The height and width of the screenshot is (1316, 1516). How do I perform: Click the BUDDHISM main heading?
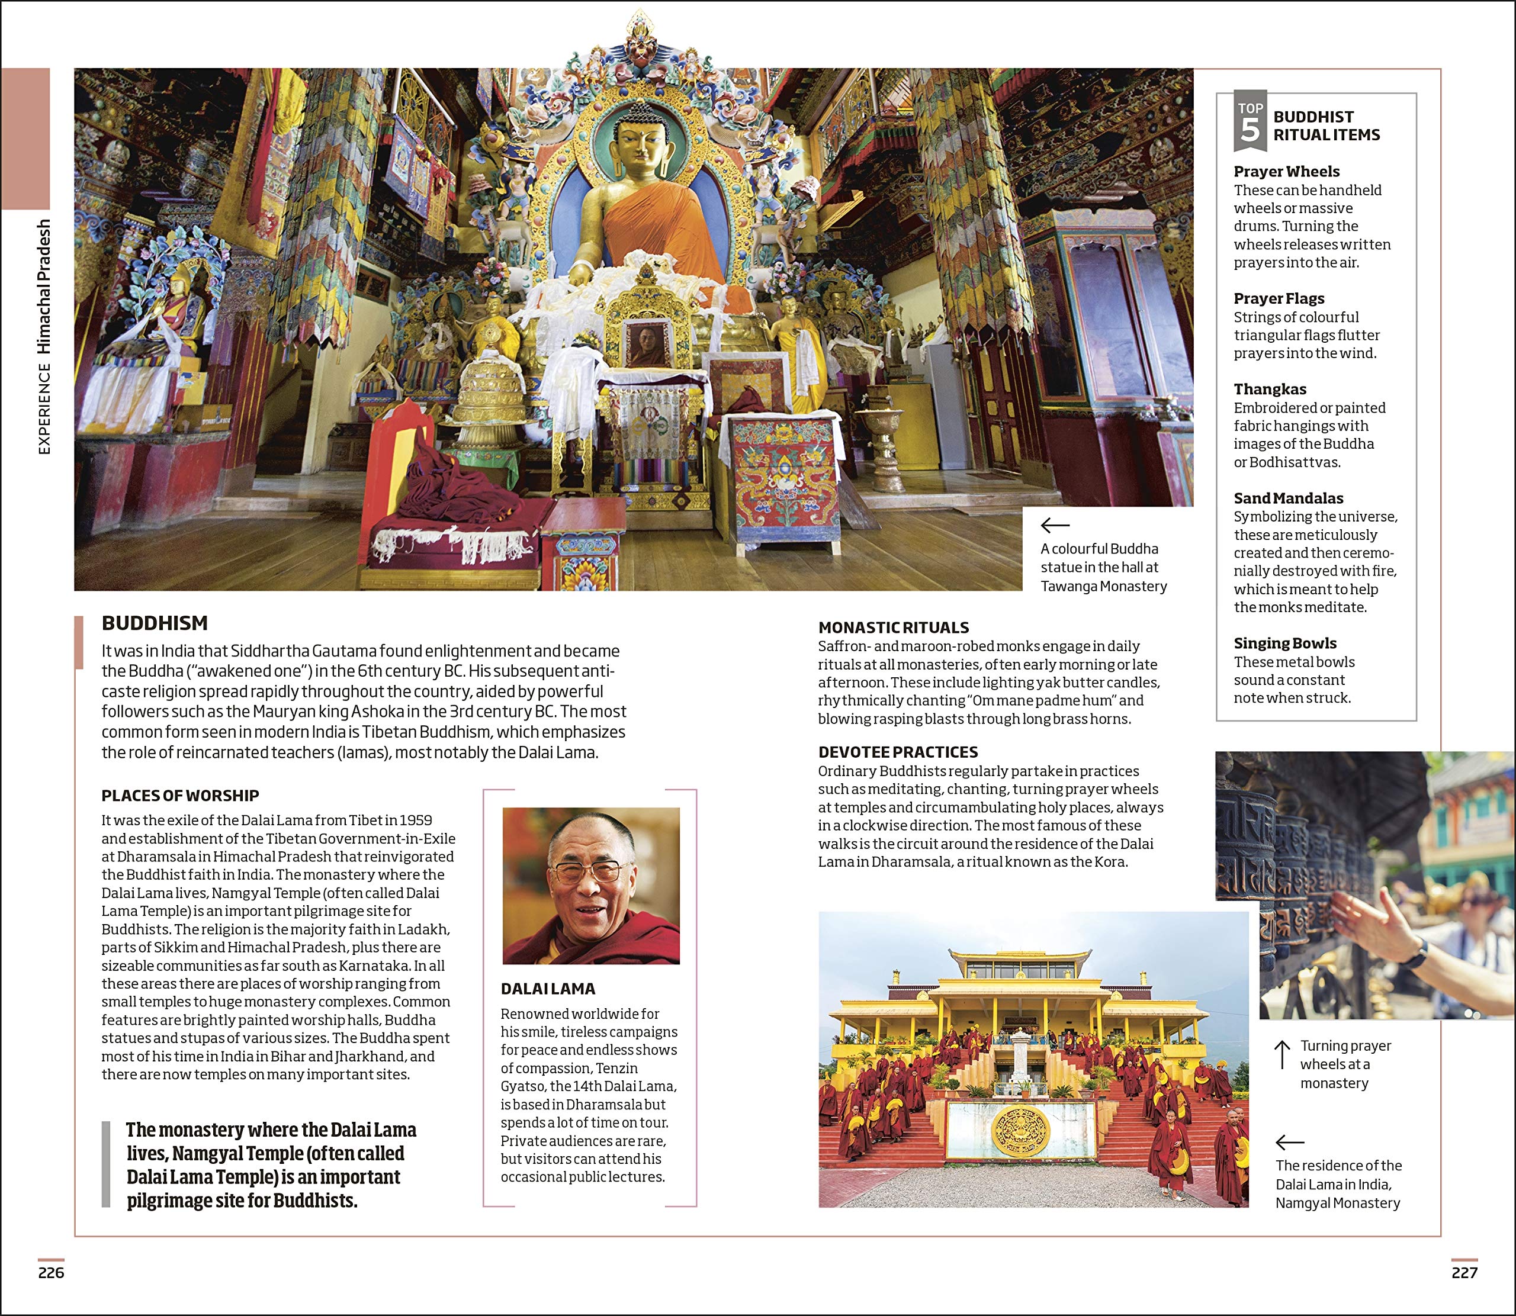pos(155,623)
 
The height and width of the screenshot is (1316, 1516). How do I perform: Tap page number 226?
pos(52,1273)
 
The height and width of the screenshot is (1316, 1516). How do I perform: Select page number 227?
pos(1464,1273)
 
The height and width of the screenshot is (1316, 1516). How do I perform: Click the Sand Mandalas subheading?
pos(1289,498)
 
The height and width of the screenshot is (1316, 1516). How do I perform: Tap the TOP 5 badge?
pos(1250,121)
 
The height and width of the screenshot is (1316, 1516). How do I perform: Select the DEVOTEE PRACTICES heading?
pos(898,752)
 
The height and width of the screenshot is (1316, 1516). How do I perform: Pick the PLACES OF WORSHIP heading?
pos(180,795)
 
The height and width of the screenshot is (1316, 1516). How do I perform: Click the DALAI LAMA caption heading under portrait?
pos(548,989)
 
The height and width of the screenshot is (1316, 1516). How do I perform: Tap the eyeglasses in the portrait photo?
pos(587,873)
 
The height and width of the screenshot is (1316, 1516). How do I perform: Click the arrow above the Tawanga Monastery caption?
pos(1055,525)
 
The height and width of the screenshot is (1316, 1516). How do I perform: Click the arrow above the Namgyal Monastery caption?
pos(1290,1142)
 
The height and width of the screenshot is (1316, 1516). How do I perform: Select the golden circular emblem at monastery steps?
pos(1020,1130)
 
